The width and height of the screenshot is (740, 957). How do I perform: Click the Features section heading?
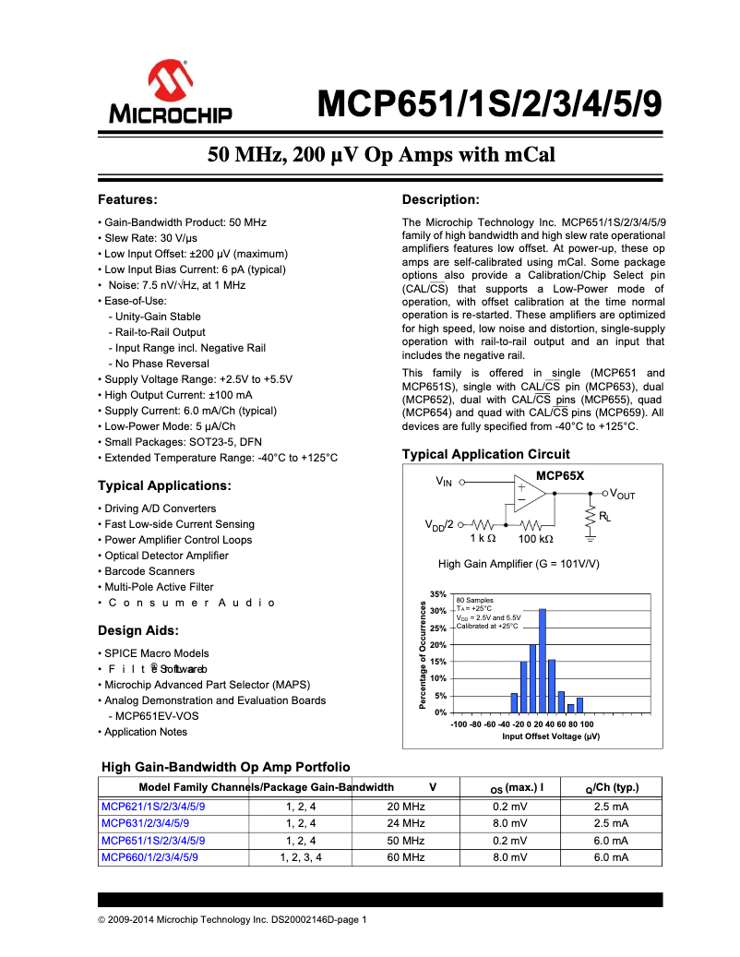pyautogui.click(x=128, y=199)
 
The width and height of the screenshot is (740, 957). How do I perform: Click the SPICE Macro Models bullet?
pyautogui.click(x=156, y=653)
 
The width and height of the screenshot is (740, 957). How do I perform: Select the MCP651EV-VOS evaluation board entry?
pyautogui.click(x=157, y=716)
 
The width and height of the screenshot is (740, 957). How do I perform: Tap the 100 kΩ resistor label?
pyautogui.click(x=535, y=538)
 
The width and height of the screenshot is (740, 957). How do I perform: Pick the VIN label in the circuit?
pyautogui.click(x=444, y=482)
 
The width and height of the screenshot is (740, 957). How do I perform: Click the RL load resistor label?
pyautogui.click(x=604, y=517)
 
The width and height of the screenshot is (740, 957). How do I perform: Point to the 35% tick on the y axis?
pyautogui.click(x=438, y=594)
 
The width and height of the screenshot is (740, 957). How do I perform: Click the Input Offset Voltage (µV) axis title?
pyautogui.click(x=551, y=736)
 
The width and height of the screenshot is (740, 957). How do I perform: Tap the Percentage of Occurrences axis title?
pyautogui.click(x=423, y=654)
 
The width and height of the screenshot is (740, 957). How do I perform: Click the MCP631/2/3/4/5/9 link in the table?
pyautogui.click(x=145, y=822)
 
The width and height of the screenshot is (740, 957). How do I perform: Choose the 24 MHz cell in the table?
pyautogui.click(x=406, y=822)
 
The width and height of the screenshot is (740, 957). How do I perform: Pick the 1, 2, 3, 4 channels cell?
pyautogui.click(x=301, y=857)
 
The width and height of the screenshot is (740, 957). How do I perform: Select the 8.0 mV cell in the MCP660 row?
pyautogui.click(x=509, y=857)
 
